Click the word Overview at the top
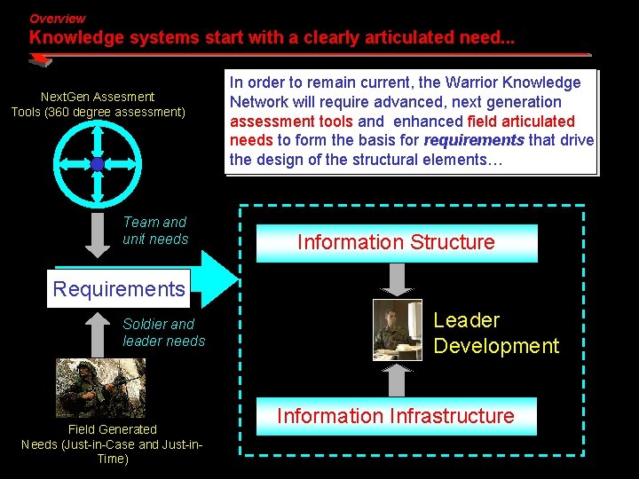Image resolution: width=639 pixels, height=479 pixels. (x=57, y=19)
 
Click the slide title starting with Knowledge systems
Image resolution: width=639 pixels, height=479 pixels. (x=271, y=38)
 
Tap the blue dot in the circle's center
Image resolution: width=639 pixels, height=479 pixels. (x=97, y=164)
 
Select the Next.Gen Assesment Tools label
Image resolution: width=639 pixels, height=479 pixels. (x=98, y=104)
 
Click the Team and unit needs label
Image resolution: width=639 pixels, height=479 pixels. (x=155, y=231)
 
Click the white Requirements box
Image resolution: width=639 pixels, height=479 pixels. (x=118, y=289)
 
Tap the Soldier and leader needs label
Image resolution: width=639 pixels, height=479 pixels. (x=163, y=333)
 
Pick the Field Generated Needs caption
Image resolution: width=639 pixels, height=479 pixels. (x=112, y=444)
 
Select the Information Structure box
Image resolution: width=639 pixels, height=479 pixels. (x=397, y=242)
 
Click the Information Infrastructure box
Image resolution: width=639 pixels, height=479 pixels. (x=396, y=416)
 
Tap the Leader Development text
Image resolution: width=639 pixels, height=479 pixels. (x=495, y=333)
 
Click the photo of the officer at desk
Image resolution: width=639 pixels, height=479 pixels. (x=397, y=330)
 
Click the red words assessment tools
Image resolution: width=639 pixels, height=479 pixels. (x=291, y=122)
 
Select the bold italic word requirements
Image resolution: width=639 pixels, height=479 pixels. (x=474, y=140)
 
